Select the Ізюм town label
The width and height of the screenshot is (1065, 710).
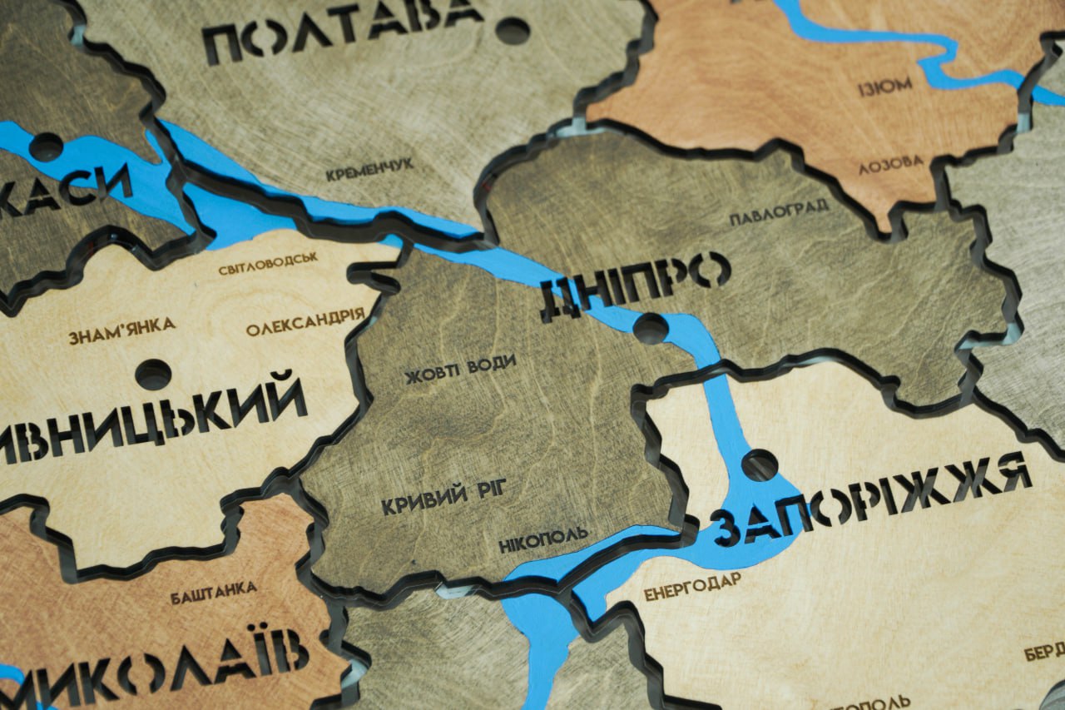point(885,86)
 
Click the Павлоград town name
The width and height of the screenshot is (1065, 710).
point(779,212)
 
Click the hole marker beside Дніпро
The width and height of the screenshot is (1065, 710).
point(651,328)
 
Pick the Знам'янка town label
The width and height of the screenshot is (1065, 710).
point(121,330)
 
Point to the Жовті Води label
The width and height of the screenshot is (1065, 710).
point(460,370)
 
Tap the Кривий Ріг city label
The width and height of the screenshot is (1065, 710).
point(443,498)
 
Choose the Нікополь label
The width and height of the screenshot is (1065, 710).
point(543,539)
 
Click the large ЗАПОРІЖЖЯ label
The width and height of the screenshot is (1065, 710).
point(870,498)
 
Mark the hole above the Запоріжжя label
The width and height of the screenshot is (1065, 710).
point(760,464)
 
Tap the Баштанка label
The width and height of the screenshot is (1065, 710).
point(213,592)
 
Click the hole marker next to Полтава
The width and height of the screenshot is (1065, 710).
point(513,31)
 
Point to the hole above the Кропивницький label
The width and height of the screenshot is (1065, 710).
point(153,375)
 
